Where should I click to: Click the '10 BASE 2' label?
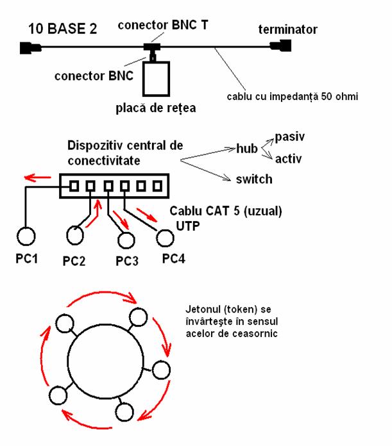point(62,29)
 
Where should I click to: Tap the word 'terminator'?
point(287,29)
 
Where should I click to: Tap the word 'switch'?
point(254,179)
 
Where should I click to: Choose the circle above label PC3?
point(127,239)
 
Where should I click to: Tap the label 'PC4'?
point(175,259)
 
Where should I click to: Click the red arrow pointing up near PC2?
point(97,208)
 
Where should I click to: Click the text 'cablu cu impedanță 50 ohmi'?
point(292,97)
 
